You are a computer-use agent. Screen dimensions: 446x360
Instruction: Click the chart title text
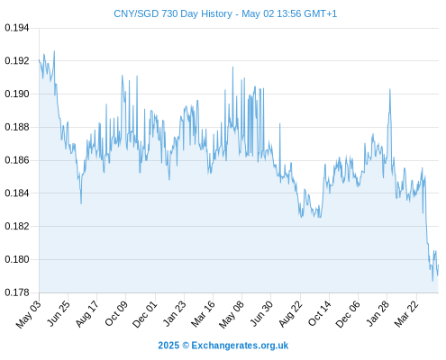pyautogui.click(x=225, y=13)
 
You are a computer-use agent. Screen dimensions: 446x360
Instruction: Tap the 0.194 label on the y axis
pyautogui.click(x=17, y=28)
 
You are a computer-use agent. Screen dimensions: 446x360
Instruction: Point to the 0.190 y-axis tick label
pyautogui.click(x=17, y=94)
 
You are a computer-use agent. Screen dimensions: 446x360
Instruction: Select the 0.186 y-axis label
pyautogui.click(x=17, y=160)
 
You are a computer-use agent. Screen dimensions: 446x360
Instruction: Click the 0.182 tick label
pyautogui.click(x=17, y=226)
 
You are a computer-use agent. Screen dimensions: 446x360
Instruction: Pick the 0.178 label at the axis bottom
pyautogui.click(x=17, y=292)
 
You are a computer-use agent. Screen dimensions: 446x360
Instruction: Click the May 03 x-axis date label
pyautogui.click(x=28, y=314)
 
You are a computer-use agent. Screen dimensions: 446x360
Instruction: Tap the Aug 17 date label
pyautogui.click(x=86, y=314)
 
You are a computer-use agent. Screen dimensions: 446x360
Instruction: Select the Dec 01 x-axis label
pyautogui.click(x=145, y=314)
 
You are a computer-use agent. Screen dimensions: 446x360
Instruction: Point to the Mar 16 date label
pyautogui.click(x=203, y=314)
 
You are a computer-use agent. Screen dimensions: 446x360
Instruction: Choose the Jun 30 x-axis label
pyautogui.click(x=261, y=314)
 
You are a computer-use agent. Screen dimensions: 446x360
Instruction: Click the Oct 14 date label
pyautogui.click(x=319, y=314)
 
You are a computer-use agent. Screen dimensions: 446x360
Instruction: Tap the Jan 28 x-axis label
pyautogui.click(x=378, y=314)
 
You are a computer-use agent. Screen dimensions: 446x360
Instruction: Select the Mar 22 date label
pyautogui.click(x=406, y=314)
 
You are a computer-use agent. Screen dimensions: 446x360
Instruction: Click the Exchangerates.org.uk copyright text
pyautogui.click(x=223, y=346)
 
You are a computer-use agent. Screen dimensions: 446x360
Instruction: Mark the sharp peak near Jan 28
pyautogui.click(x=390, y=89)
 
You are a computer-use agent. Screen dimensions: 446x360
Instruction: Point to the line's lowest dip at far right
pyautogui.click(x=432, y=281)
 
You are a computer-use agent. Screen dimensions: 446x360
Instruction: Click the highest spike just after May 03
pyautogui.click(x=54, y=51)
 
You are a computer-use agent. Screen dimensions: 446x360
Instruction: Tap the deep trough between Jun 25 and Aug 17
pyautogui.click(x=81, y=203)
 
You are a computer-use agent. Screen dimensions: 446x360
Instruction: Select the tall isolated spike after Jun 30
pyautogui.click(x=280, y=123)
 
